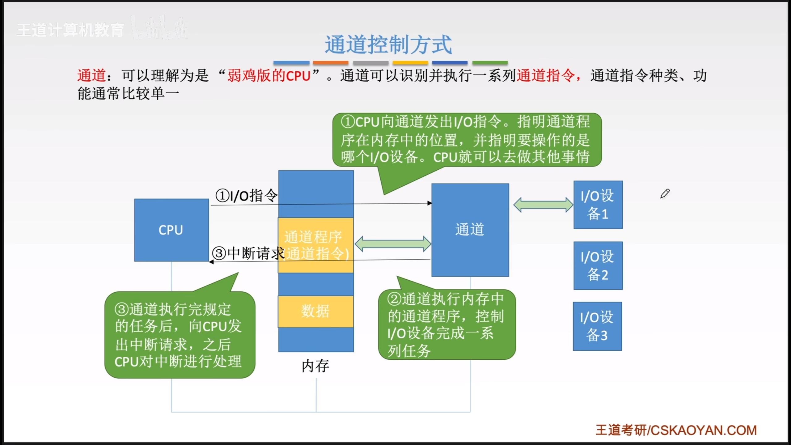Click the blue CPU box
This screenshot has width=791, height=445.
171,230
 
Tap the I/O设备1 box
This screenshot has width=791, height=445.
598,205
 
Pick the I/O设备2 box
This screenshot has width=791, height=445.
598,265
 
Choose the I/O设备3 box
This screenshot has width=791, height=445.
597,326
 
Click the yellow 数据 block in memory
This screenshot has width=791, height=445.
315,311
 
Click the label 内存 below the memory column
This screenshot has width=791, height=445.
315,366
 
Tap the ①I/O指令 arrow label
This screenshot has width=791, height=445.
247,196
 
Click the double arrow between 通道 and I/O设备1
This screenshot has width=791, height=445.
543,205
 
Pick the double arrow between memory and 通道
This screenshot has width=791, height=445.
393,244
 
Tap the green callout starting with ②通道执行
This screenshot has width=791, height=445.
446,324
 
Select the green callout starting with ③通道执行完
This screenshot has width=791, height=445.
180,335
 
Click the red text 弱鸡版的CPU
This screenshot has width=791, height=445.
269,76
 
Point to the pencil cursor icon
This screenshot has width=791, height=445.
665,194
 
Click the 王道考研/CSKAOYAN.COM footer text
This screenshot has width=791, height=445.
676,430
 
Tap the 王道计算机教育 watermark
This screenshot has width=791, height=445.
70,30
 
